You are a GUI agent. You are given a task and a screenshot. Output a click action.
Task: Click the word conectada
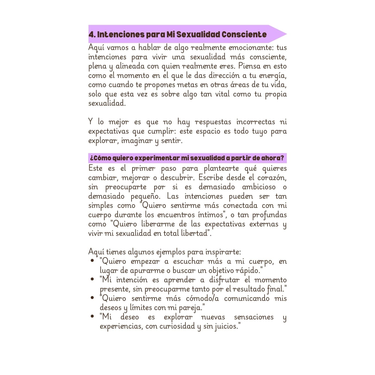240,206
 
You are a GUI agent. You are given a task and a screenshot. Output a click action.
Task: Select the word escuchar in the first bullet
188,261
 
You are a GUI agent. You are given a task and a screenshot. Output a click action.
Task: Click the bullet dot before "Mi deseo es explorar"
92,316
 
